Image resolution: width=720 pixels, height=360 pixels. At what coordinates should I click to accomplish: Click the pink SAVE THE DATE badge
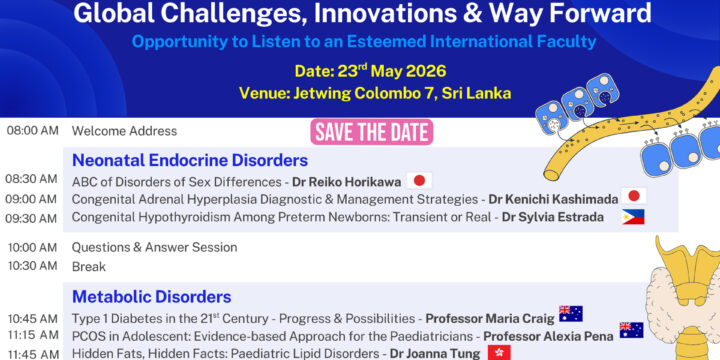pos(371,132)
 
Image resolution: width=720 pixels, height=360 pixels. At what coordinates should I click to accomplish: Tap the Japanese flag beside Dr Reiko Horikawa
pos(419,181)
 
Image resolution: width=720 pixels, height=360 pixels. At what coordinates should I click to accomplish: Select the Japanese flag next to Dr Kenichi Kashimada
pos(633,198)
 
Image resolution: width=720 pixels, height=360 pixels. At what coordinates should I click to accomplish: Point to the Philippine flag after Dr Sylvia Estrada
pos(632,216)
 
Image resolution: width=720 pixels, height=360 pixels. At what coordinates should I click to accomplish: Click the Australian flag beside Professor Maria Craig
pos(571,314)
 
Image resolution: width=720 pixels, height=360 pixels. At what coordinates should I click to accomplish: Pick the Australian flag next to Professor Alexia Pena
pos(631,330)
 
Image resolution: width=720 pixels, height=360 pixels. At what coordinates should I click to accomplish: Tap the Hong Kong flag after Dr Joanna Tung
pos(499,352)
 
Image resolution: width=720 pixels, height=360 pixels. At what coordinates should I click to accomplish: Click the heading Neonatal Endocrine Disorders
pos(190,160)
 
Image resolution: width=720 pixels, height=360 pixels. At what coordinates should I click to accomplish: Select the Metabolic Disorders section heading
pos(152,296)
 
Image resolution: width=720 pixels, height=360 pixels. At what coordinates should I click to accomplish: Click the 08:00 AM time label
pos(32,131)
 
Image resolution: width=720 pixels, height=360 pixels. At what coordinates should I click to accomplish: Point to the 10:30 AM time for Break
pos(32,266)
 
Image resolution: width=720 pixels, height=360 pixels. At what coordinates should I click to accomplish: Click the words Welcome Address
pos(124,131)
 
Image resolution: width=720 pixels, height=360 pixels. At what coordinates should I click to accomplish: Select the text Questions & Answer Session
pos(154,247)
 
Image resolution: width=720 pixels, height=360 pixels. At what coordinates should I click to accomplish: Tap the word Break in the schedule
pos(87,267)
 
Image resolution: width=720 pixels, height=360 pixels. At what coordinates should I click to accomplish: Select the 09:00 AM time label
pos(32,199)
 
